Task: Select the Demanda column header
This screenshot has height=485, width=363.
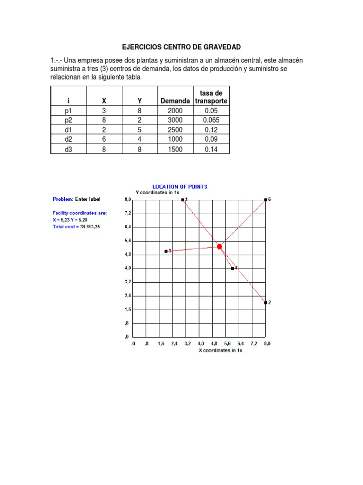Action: (175, 101)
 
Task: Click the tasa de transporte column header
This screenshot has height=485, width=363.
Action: (211, 97)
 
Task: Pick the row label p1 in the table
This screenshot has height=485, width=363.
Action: (68, 110)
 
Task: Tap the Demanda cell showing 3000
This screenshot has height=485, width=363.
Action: (175, 120)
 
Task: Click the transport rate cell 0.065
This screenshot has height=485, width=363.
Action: (211, 120)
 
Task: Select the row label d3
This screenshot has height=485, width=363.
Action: (68, 149)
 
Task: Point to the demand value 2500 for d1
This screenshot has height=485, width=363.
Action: (175, 130)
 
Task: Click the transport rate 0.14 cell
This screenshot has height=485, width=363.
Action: (211, 149)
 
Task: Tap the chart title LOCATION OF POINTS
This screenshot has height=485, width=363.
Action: (179, 187)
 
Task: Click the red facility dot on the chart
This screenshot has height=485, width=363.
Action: (219, 246)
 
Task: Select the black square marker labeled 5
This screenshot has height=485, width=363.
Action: (266, 200)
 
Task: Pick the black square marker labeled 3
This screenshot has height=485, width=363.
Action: (166, 251)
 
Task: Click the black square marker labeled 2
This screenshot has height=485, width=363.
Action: (266, 302)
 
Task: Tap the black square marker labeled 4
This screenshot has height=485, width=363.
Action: (233, 268)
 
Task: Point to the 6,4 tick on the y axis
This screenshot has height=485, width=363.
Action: (128, 227)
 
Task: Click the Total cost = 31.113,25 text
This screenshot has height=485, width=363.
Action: (76, 227)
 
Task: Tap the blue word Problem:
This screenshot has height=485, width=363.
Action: (62, 199)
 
